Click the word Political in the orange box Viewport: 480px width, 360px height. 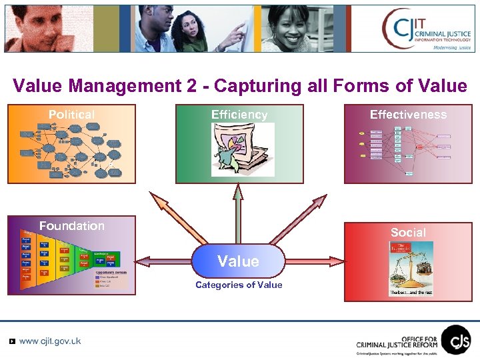(x=71, y=115)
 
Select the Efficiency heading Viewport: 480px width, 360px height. (x=239, y=115)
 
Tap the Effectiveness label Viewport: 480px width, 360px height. (x=408, y=115)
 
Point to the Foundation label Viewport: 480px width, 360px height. (x=71, y=226)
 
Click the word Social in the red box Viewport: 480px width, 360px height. (x=408, y=233)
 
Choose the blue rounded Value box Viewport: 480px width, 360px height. (x=238, y=261)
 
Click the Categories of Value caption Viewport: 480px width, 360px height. (x=238, y=285)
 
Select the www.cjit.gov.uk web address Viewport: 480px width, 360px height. (x=50, y=341)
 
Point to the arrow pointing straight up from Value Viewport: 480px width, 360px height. (x=238, y=213)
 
